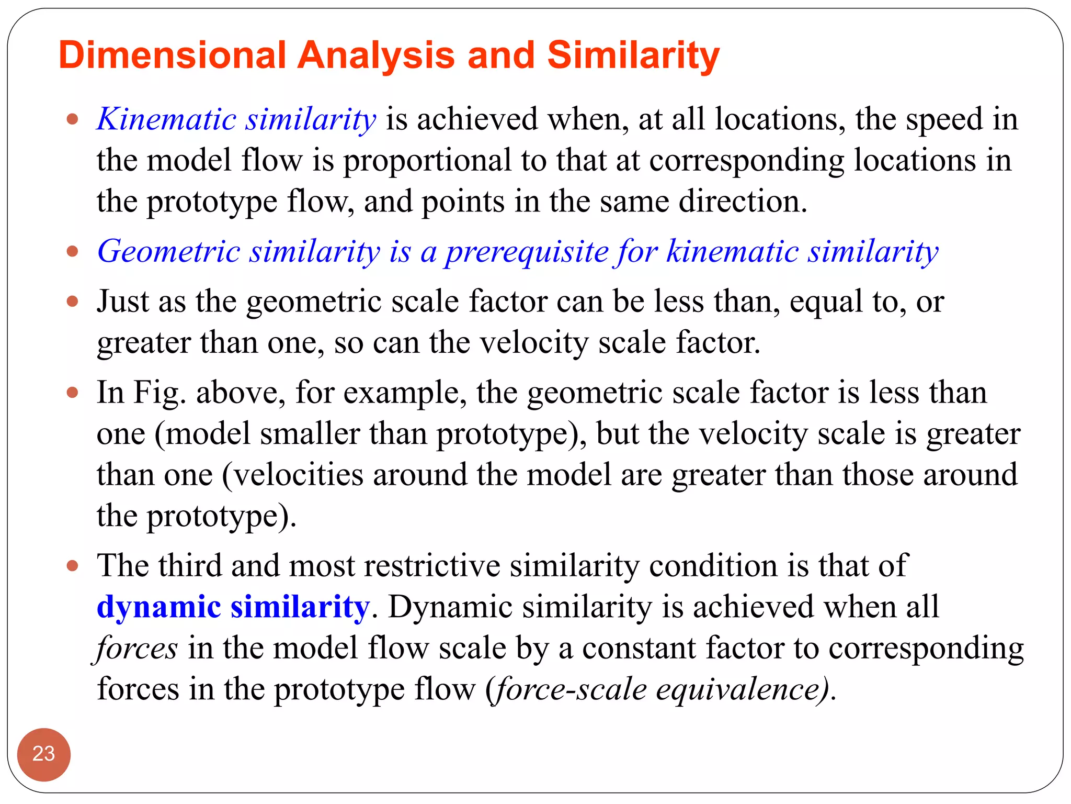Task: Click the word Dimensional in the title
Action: [173, 55]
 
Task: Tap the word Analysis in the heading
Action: [376, 55]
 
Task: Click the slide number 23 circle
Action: [44, 754]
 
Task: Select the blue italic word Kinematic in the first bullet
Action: [166, 119]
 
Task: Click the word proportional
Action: [427, 161]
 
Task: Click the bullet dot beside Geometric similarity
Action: [73, 252]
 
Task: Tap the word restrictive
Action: [432, 566]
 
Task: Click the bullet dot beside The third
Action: [73, 566]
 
